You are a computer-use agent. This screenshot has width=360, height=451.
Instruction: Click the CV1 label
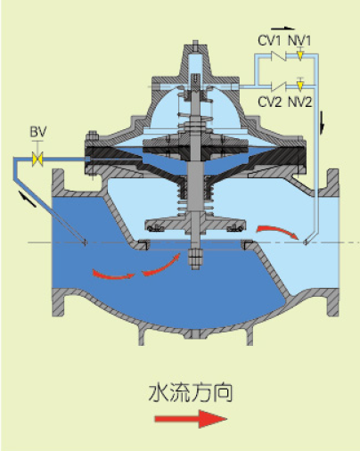pyautogui.click(x=269, y=40)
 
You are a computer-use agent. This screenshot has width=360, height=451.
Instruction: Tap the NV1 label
pyautogui.click(x=299, y=40)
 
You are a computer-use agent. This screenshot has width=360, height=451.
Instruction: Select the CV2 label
pyautogui.click(x=269, y=102)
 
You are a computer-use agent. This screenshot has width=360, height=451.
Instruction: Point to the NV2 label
pyautogui.click(x=300, y=102)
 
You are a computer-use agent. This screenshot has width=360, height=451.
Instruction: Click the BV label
pyautogui.click(x=38, y=132)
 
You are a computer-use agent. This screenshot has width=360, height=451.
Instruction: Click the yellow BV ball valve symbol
pyautogui.click(x=37, y=159)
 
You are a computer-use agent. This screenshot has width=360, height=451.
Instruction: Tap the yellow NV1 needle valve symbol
pyautogui.click(x=300, y=55)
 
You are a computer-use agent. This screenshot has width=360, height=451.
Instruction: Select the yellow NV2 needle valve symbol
pyautogui.click(x=300, y=86)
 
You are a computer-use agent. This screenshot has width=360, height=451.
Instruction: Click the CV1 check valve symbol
pyautogui.click(x=279, y=55)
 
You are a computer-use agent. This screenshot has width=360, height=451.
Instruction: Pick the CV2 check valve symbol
pyautogui.click(x=279, y=86)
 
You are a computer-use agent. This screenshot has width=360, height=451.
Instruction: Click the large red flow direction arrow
pyautogui.click(x=191, y=419)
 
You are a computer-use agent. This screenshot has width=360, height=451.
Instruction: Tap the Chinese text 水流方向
pyautogui.click(x=191, y=393)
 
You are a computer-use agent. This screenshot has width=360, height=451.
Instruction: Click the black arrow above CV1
pyautogui.click(x=283, y=29)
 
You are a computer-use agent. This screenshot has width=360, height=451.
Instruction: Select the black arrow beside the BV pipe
pyautogui.click(x=28, y=199)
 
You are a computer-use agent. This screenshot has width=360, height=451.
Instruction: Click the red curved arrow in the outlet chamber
pyautogui.click(x=278, y=231)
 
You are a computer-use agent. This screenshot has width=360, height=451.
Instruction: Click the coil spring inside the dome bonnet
pyautogui.click(x=195, y=114)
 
